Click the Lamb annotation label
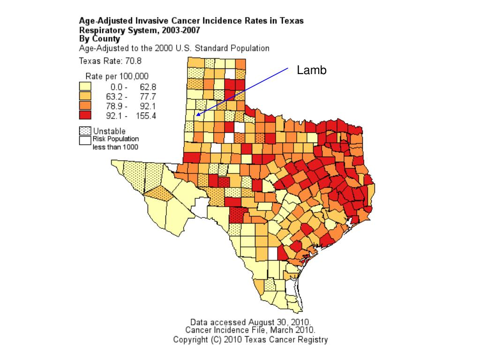311,70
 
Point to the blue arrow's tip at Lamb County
197,115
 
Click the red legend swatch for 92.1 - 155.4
85,115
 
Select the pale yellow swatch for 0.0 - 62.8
85,87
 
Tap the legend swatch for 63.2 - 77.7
85,96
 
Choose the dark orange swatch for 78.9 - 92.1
85,106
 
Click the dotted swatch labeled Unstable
85,131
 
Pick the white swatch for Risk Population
85,140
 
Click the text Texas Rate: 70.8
110,60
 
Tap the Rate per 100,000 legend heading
117,76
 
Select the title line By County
99,39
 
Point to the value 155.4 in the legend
146,116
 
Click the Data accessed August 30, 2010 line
250,322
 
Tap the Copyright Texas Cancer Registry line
250,339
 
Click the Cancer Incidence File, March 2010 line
250,330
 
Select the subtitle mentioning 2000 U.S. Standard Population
174,48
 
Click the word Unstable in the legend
109,131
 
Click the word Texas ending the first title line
292,21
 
